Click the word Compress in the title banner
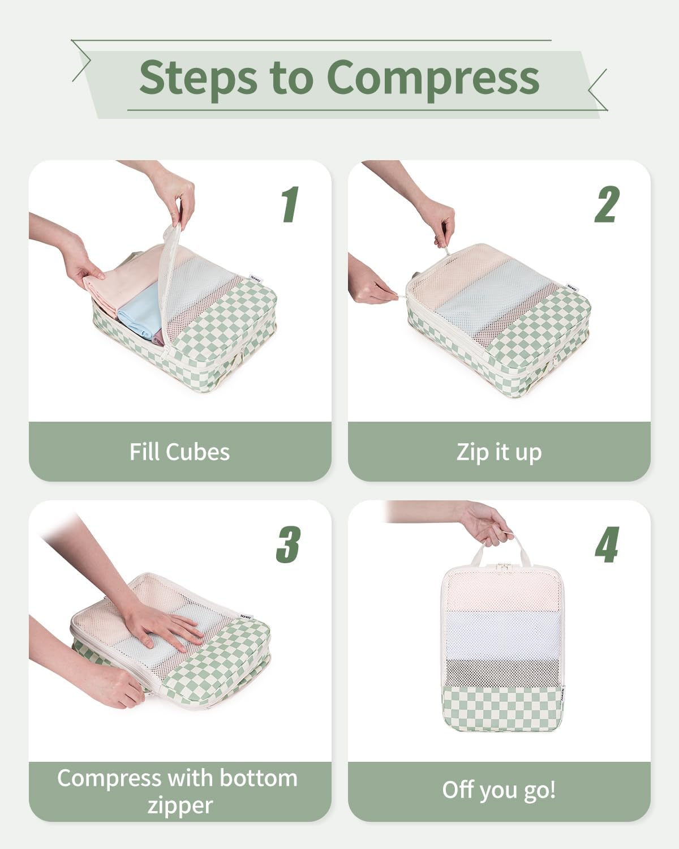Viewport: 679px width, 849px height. pos(432,78)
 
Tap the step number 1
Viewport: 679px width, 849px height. pos(290,204)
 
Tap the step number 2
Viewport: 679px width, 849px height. pos(607,204)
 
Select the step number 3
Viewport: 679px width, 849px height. pos(288,544)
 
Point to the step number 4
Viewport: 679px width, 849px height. pos(607,544)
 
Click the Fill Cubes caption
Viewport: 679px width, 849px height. pos(179,452)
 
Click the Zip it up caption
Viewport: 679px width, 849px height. pos(498,452)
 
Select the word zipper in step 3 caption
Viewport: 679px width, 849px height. pos(179,805)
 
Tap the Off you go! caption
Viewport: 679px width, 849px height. pos(498,790)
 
